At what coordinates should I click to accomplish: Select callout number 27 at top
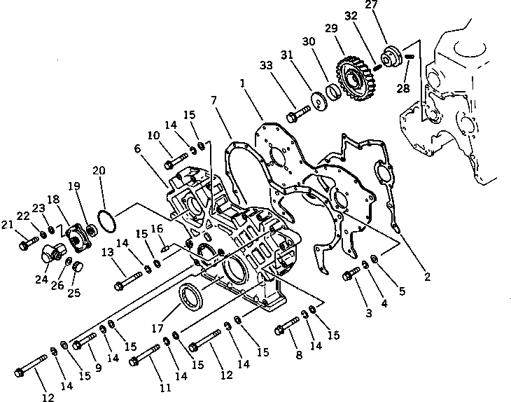391,6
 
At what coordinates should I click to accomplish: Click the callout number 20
99,170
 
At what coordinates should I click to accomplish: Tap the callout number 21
8,224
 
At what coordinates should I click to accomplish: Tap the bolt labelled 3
350,277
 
